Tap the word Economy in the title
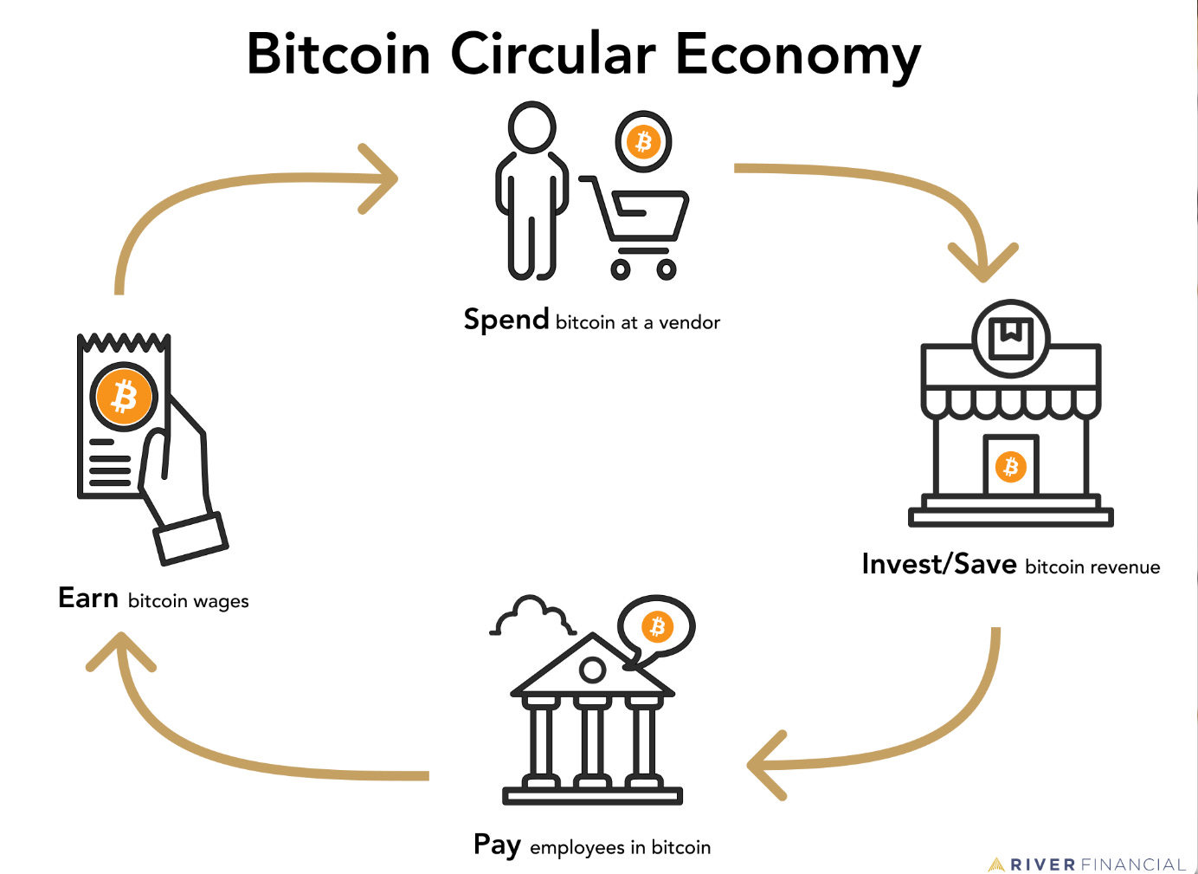(797, 55)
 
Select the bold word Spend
(506, 320)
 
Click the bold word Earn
(88, 599)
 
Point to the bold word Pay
(497, 845)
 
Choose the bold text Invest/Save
(939, 565)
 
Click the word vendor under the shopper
(690, 323)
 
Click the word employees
(577, 848)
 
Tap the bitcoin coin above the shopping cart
(643, 141)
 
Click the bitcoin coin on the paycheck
(125, 397)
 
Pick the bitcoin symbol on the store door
(1010, 467)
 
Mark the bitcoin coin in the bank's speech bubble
(657, 625)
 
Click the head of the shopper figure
(531, 127)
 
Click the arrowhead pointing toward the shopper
(381, 178)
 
